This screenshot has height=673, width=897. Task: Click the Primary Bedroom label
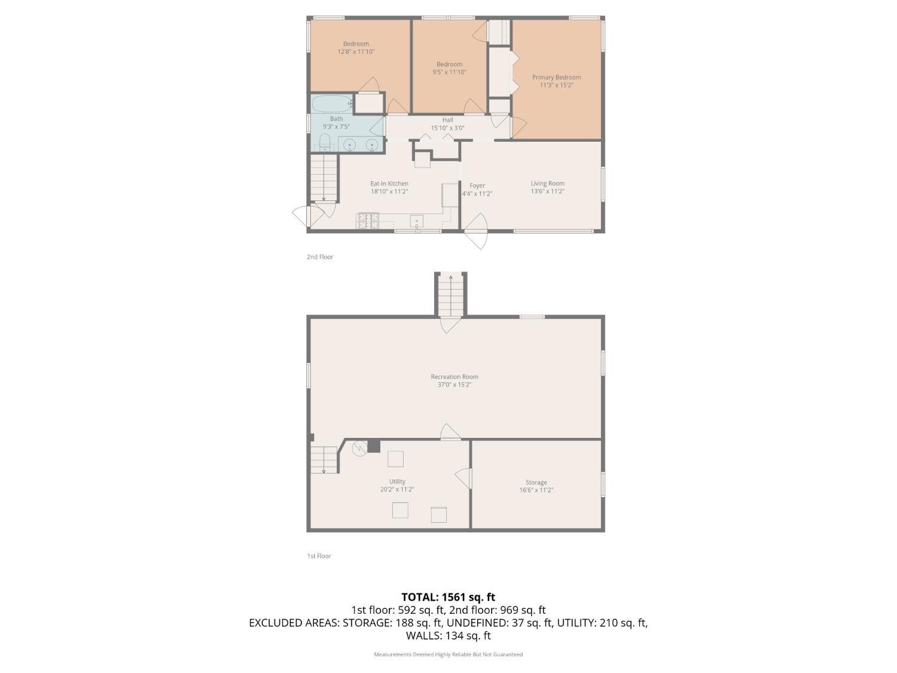pos(556,77)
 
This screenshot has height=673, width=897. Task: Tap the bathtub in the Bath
pos(332,103)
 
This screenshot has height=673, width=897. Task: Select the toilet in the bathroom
pos(325,142)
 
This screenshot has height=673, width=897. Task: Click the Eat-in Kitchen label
pos(389,184)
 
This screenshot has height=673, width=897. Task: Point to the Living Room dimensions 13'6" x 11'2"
pos(547,191)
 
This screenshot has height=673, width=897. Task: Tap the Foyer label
pos(477,185)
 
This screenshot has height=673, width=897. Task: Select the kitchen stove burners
pos(368,221)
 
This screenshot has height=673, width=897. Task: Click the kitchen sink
pos(416,221)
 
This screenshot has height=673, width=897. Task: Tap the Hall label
pos(448,120)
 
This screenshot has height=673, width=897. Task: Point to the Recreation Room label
pos(454,377)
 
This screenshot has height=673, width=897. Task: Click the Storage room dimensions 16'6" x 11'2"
pos(536,490)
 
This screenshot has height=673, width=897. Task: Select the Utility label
pos(397,482)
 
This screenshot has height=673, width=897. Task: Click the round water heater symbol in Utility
pos(359,449)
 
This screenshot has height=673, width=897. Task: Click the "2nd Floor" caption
pos(320,257)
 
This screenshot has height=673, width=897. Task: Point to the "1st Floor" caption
pos(319,556)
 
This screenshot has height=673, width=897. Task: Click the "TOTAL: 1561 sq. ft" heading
pos(448,596)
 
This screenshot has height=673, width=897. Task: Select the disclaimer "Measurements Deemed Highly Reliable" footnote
pos(448,654)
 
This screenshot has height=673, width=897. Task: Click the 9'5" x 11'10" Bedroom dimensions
pos(449,72)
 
